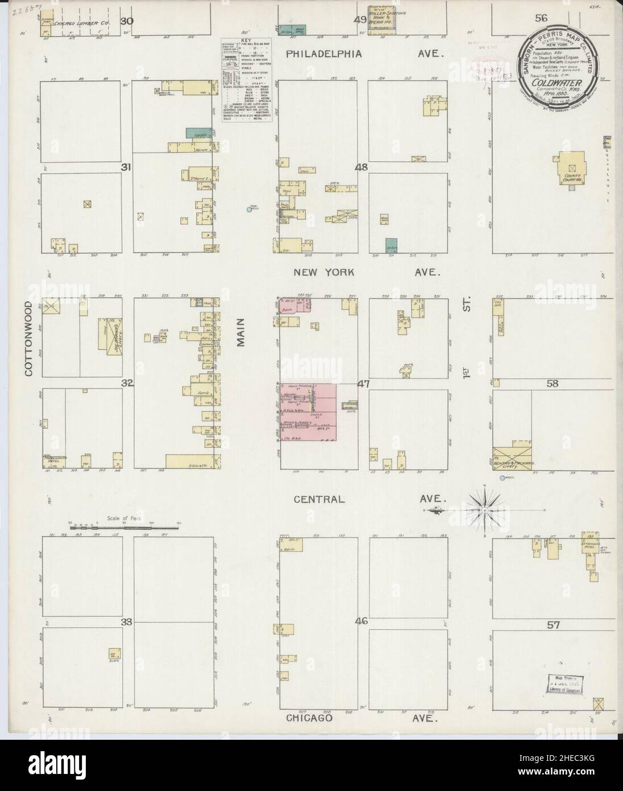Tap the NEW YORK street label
[324, 273]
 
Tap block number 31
[127, 167]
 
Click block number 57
[554, 625]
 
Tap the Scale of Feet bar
[124, 528]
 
